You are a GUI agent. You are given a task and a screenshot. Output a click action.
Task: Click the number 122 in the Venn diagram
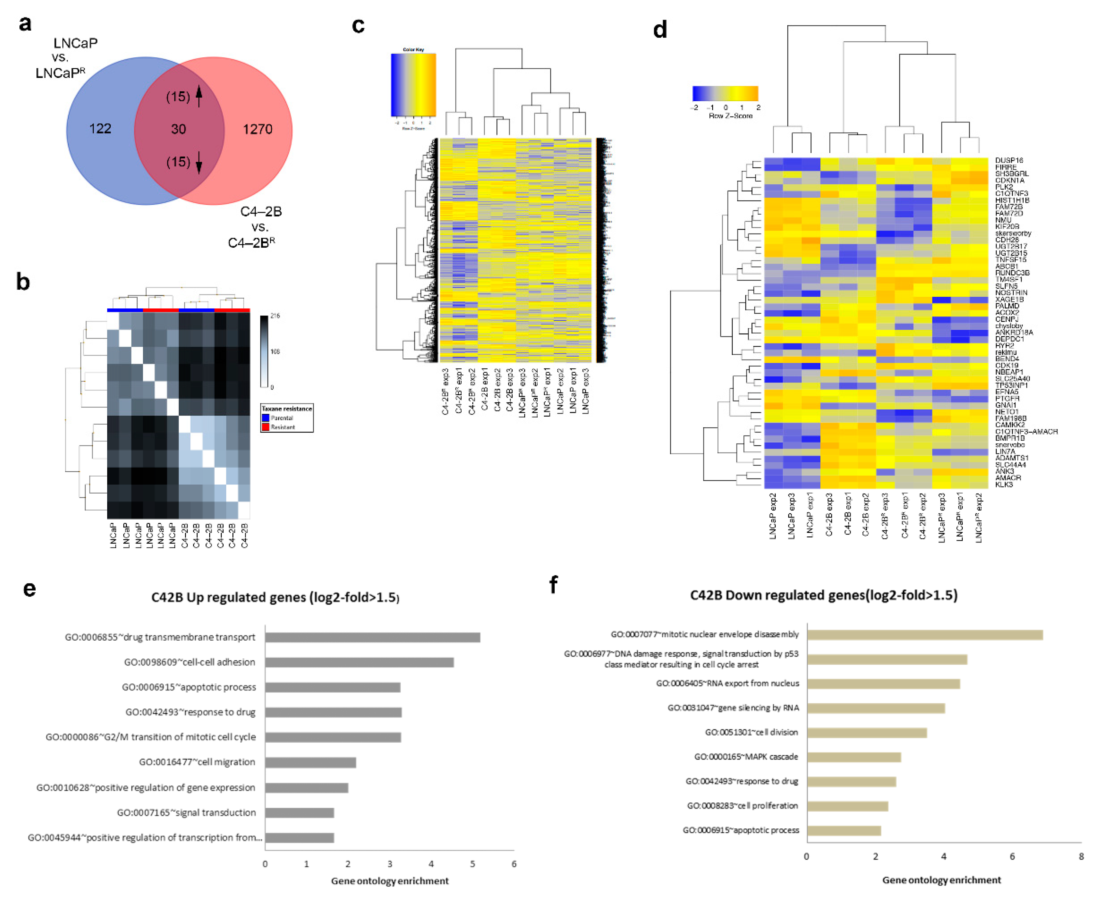pos(100,129)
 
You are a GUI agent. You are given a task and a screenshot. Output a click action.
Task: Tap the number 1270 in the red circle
pos(257,129)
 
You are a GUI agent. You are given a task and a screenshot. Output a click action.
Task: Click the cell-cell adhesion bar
pos(359,662)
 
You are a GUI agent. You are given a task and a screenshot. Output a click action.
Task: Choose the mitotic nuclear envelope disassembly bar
pos(925,635)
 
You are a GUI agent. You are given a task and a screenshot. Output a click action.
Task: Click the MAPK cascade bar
pos(854,757)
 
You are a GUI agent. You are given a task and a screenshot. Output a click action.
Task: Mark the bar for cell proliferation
pos(847,806)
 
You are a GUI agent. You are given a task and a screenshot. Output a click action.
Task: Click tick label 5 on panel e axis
pos(472,864)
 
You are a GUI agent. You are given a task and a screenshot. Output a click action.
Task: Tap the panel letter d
pos(659,30)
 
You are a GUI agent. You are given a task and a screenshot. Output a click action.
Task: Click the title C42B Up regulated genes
pos(275,598)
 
